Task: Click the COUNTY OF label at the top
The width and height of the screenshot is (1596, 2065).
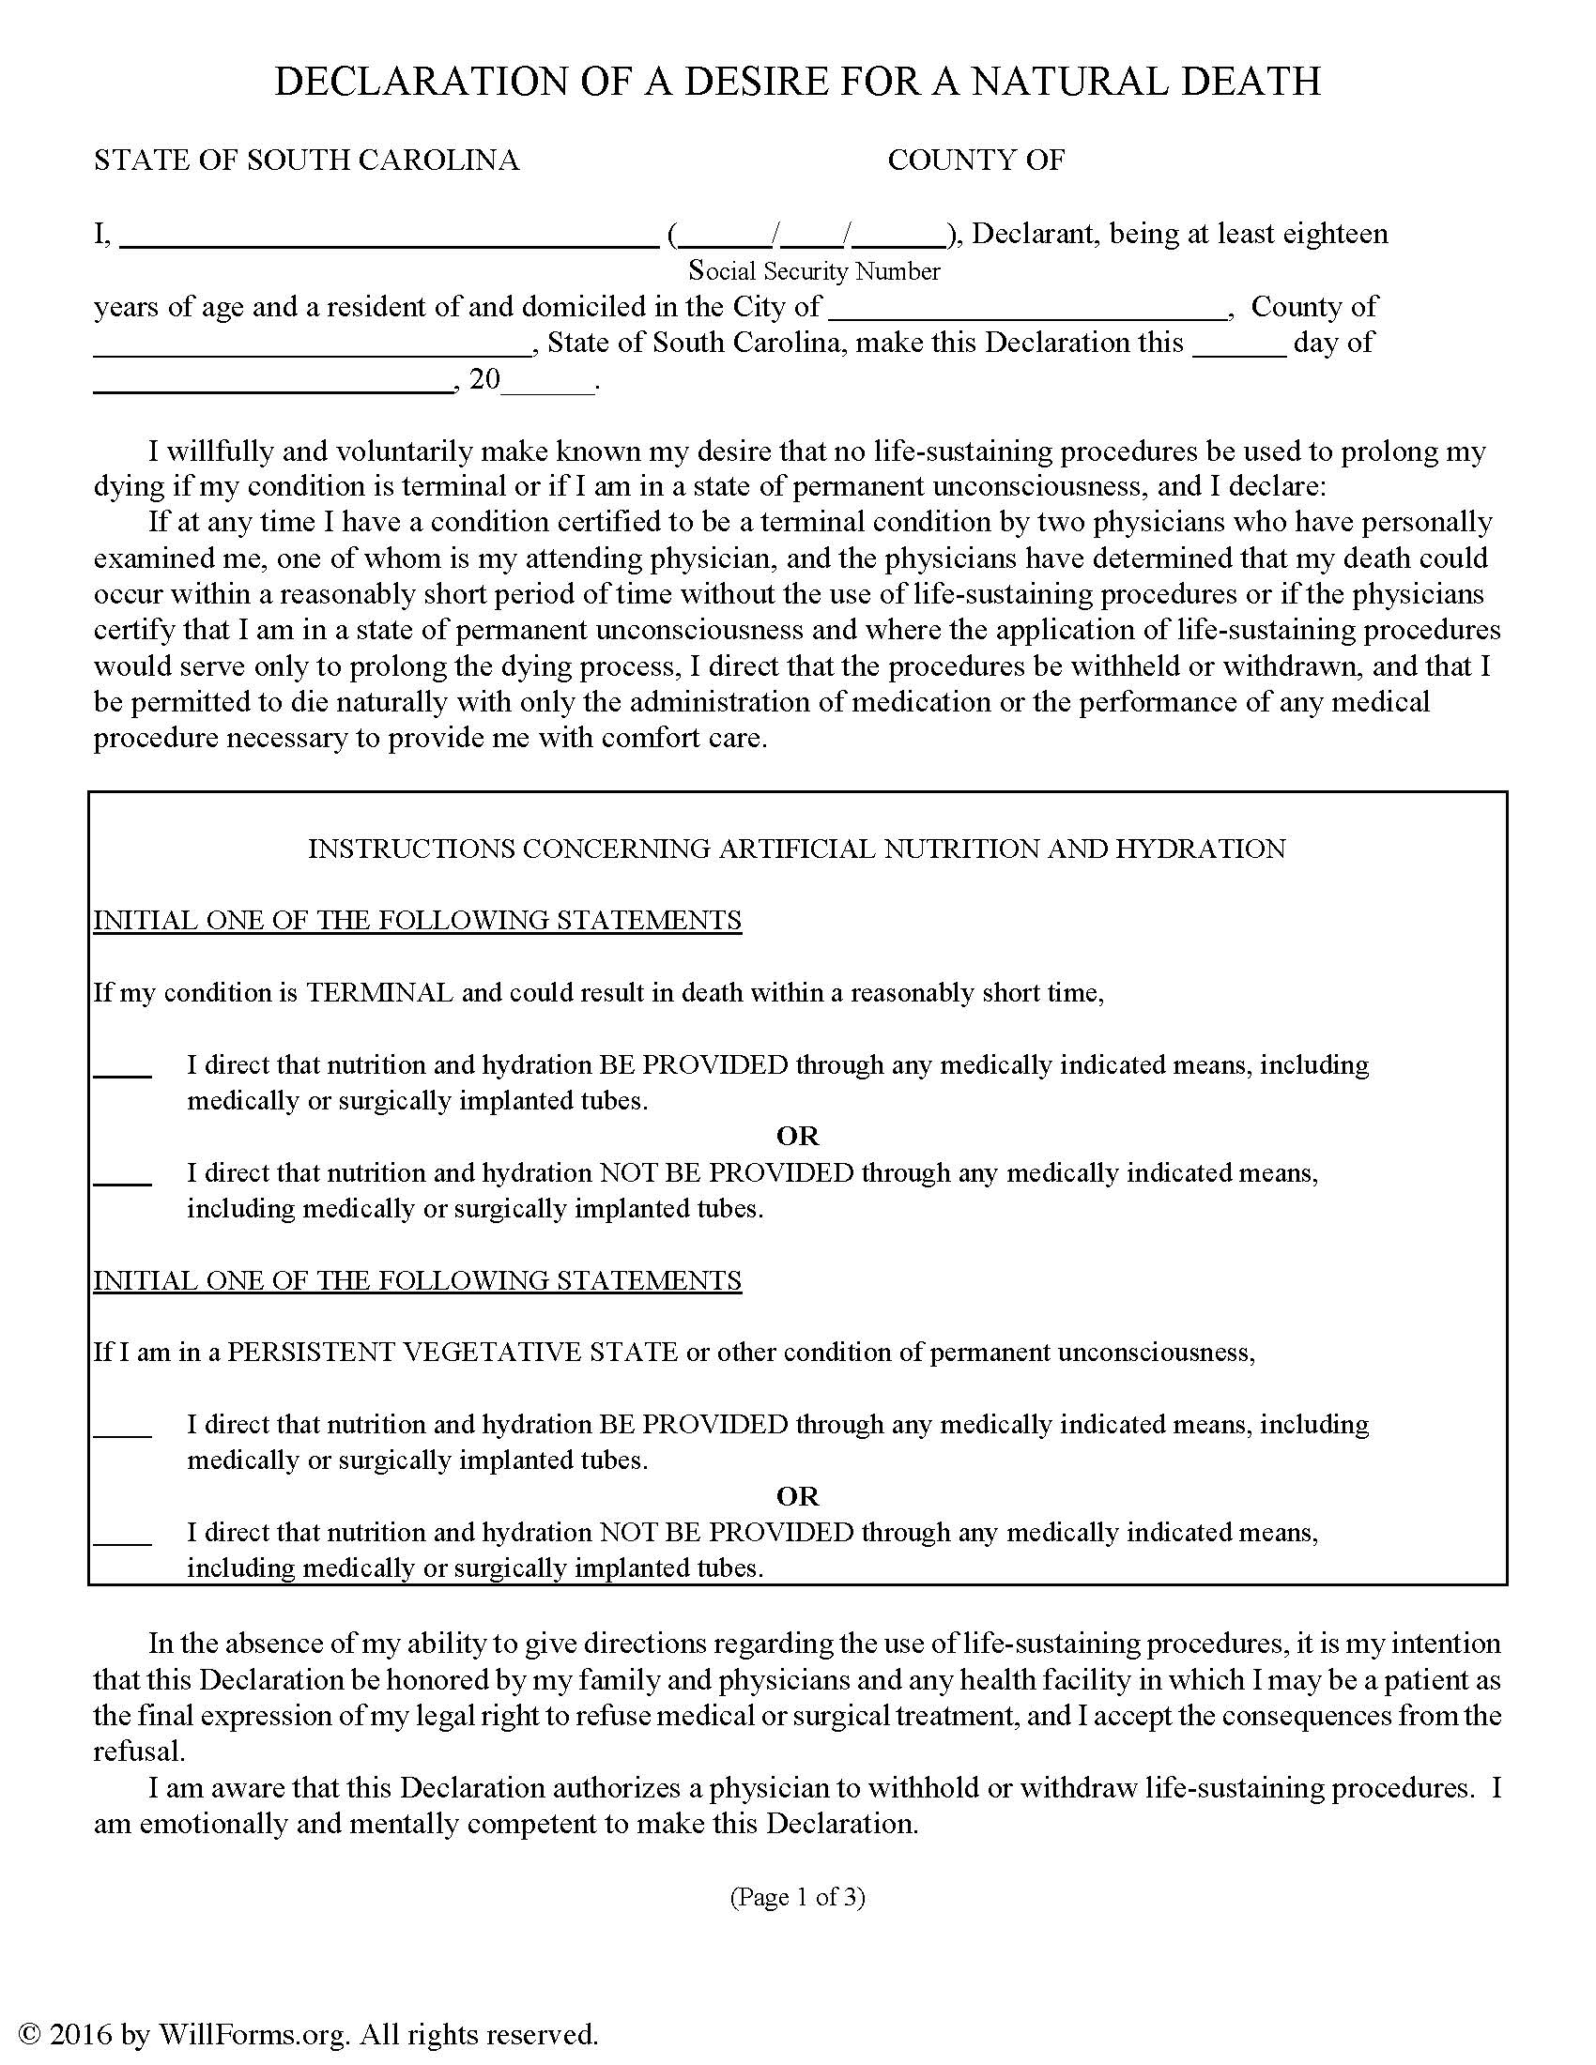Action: [x=975, y=160]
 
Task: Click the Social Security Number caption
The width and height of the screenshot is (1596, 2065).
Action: [x=814, y=271]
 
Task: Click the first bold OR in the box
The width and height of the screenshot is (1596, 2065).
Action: [x=797, y=1136]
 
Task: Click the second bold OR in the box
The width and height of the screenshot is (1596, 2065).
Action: [x=797, y=1496]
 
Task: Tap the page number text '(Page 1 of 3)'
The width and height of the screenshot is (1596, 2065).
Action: [x=797, y=1897]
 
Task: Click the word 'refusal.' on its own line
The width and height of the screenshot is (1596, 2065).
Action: [x=138, y=1751]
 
